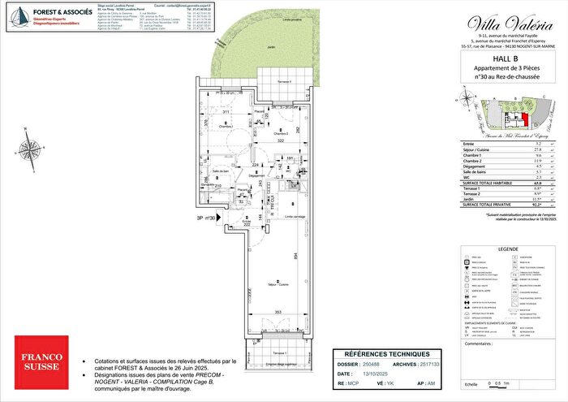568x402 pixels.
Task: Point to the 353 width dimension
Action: (278, 312)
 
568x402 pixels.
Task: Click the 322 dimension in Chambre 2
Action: (278, 141)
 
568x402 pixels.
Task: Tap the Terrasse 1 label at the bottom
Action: (280, 356)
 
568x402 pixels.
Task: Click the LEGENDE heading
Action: (509, 249)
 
